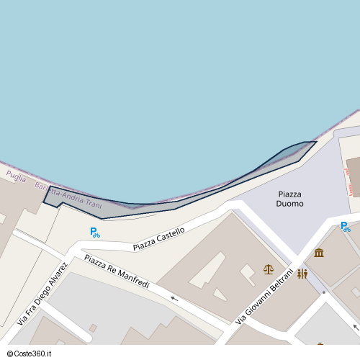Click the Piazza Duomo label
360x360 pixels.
(x=289, y=199)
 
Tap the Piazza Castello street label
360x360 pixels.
(x=158, y=239)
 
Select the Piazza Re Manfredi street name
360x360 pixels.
(x=117, y=271)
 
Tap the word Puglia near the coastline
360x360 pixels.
(x=15, y=177)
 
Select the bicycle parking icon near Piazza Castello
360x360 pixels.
(x=95, y=232)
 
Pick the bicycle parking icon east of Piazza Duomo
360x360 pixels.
(x=346, y=227)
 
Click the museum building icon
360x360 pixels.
(x=319, y=253)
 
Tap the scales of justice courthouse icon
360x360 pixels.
(x=269, y=269)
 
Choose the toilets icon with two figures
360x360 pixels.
(x=302, y=274)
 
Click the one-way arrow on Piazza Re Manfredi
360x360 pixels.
(x=174, y=297)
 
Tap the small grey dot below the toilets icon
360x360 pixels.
(x=324, y=292)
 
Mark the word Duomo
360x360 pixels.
(x=289, y=204)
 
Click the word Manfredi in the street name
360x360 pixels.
(x=133, y=279)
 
